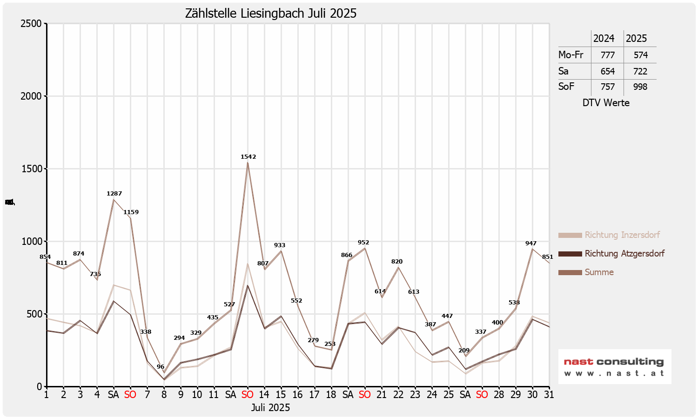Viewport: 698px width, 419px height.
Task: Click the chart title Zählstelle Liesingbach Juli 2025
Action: point(271,14)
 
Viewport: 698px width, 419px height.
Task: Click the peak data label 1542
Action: point(248,157)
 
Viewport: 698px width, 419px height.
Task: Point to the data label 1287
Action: point(114,194)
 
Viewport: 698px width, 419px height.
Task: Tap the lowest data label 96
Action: point(161,367)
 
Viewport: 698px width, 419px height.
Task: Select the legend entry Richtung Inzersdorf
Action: point(622,235)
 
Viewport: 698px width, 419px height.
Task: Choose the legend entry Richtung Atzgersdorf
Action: point(624,254)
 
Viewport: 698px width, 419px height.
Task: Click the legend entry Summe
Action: point(599,272)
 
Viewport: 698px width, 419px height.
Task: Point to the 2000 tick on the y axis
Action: point(31,96)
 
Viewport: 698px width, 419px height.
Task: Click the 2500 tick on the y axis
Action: point(31,24)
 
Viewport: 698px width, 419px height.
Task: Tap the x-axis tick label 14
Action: point(264,395)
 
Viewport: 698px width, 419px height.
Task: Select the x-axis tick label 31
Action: point(549,395)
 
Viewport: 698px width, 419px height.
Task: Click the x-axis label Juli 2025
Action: point(270,408)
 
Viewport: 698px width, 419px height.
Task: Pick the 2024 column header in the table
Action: point(604,39)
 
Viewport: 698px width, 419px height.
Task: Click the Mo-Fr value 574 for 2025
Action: point(640,55)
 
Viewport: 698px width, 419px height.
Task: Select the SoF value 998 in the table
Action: point(640,87)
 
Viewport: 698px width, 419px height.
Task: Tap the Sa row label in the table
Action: point(564,71)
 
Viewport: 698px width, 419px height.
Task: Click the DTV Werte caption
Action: point(606,103)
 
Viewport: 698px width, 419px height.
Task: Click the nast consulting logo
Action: point(614,366)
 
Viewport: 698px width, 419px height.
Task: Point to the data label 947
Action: point(531,243)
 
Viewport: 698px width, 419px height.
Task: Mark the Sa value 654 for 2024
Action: point(607,71)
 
